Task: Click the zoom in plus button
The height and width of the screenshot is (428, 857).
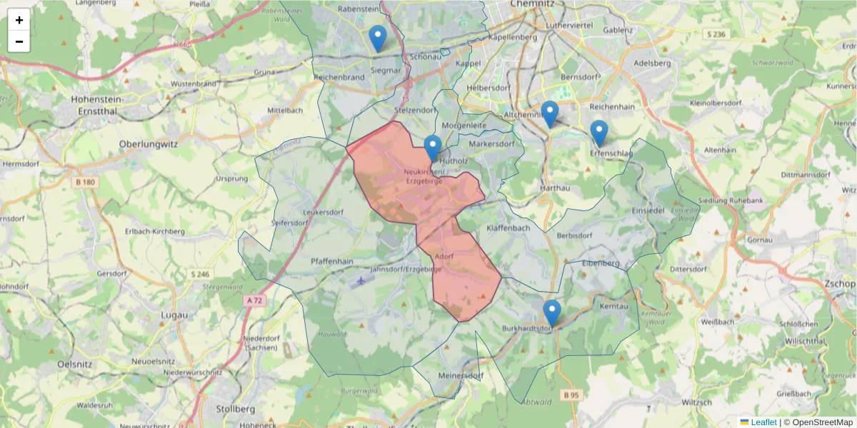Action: point(19,20)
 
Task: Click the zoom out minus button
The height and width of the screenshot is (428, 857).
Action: point(19,41)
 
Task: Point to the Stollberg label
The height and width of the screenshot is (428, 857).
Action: point(235,409)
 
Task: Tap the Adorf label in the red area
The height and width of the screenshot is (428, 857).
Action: point(444,256)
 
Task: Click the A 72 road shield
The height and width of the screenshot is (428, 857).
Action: point(254,301)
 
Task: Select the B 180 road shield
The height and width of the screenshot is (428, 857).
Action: point(85,183)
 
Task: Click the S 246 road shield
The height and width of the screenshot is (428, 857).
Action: point(201,274)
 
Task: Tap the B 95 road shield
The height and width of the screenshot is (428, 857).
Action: point(571,394)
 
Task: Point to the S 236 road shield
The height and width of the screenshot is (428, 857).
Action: point(714,34)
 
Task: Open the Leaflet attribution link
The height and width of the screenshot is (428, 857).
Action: point(763,422)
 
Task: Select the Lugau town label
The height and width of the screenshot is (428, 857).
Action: point(175,315)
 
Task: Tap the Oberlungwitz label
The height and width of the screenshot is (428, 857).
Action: point(149,143)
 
